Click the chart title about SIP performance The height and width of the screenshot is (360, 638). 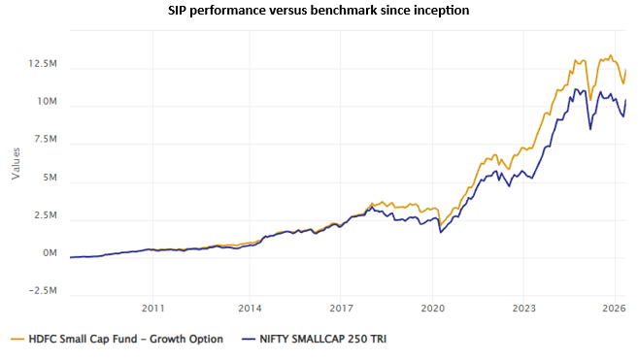click(319, 12)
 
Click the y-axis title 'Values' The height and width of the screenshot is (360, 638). click(16, 163)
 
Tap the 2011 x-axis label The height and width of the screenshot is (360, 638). click(152, 309)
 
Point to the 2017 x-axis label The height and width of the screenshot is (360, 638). click(340, 309)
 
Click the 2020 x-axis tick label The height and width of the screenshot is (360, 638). click(433, 309)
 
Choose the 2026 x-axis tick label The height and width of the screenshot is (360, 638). click(613, 309)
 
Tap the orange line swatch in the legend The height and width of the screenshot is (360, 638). click(19, 339)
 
